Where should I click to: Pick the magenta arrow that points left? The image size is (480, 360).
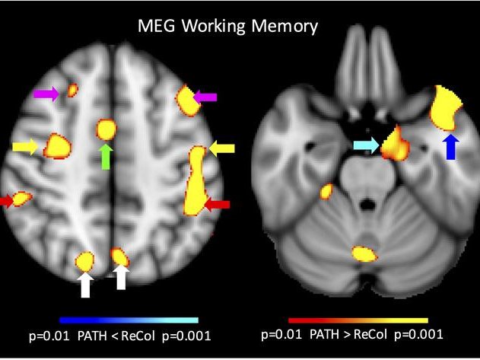click(x=206, y=97)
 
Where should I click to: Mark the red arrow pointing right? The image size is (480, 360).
click(x=6, y=201)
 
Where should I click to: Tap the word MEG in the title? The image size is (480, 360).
click(x=157, y=26)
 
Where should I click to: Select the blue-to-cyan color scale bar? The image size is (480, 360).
click(x=129, y=320)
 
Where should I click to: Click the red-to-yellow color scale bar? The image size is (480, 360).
click(x=358, y=320)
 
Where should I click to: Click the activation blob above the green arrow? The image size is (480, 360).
click(x=106, y=129)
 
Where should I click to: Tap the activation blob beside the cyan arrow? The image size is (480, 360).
click(x=394, y=144)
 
